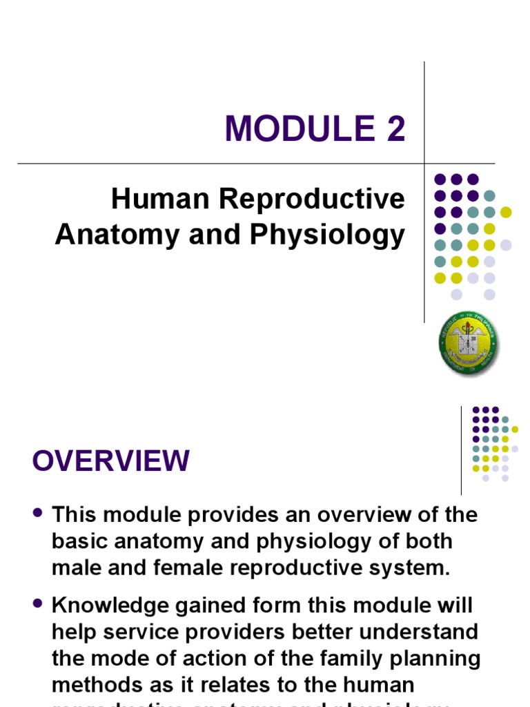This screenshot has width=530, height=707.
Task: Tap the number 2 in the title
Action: coord(395,128)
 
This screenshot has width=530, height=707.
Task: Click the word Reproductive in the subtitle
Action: coord(312,200)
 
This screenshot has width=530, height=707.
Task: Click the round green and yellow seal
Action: coord(469,343)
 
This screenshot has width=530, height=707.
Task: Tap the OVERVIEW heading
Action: coord(110,461)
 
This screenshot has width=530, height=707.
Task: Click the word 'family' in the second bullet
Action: coord(337,658)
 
